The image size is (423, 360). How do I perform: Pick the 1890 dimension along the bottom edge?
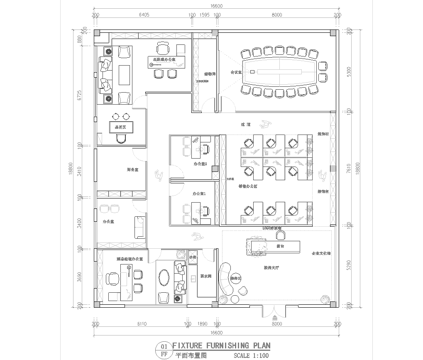point(201,324)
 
